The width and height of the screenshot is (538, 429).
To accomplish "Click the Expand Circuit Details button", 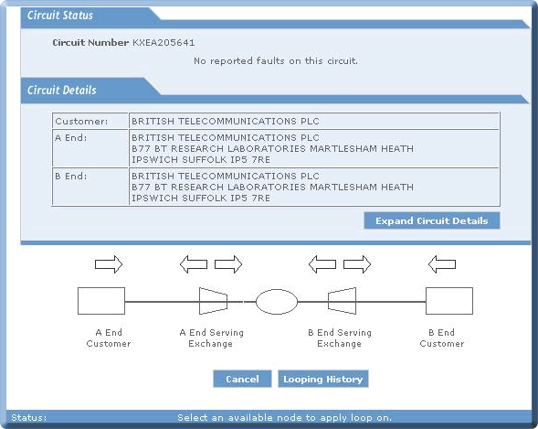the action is (432, 220).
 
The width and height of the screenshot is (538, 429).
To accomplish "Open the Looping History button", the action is (322, 379).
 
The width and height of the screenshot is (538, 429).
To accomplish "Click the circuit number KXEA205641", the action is (164, 43).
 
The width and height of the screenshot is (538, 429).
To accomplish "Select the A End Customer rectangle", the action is (101, 301).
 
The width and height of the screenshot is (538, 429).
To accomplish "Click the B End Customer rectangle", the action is (449, 301).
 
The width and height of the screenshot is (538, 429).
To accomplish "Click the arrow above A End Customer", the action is (109, 264).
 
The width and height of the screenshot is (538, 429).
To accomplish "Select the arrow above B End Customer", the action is (442, 264).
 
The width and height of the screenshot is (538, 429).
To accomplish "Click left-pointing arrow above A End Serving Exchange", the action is (194, 264).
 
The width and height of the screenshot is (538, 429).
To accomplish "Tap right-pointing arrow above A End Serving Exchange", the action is (228, 264).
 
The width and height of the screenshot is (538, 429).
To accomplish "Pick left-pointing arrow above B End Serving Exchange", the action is (322, 264).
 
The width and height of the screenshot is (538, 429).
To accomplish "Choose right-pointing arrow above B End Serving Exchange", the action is (357, 264).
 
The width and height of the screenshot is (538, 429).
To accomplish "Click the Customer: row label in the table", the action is (81, 122).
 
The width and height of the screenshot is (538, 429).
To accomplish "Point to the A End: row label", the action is (71, 138).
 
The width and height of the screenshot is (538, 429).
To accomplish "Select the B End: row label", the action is (71, 177).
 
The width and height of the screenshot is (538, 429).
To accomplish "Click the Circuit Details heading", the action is (62, 90).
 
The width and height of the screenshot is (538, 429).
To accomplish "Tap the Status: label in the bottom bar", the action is (29, 418).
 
